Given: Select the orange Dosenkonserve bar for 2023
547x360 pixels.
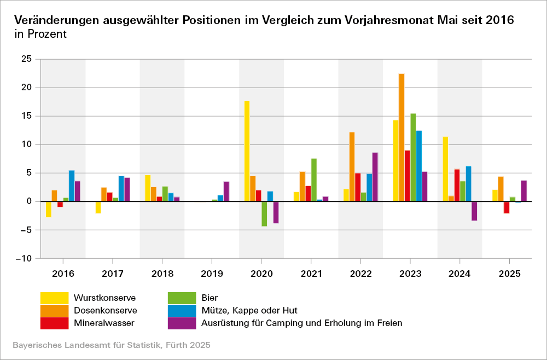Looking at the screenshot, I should (x=401, y=137).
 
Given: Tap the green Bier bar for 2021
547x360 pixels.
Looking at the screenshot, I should (x=314, y=180).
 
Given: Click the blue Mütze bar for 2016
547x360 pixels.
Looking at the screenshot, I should (x=72, y=186).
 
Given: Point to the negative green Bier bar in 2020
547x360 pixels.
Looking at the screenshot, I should (x=264, y=213).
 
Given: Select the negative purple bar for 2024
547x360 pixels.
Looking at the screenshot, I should (x=474, y=211).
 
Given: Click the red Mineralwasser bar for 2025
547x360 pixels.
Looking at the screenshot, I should (x=507, y=207).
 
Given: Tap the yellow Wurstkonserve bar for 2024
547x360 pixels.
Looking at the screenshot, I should (x=445, y=169).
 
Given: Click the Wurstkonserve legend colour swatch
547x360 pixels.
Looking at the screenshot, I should (x=54, y=298).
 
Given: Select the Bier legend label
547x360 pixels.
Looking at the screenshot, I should (x=210, y=298).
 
